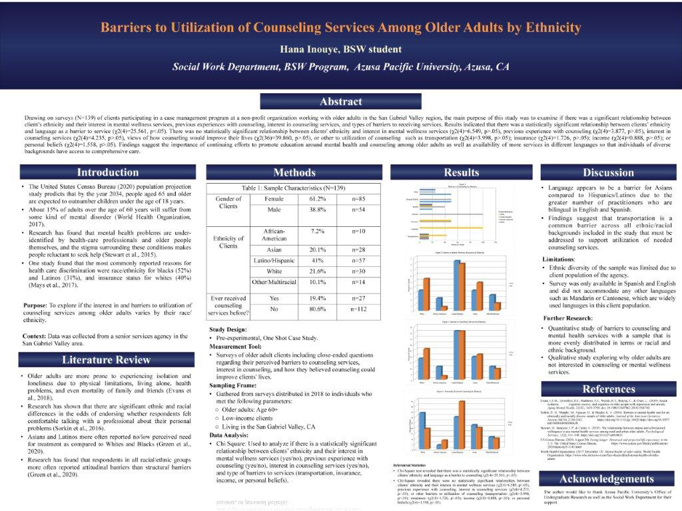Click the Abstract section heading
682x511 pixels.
pyautogui.click(x=340, y=102)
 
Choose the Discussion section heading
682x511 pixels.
pyautogui.click(x=609, y=172)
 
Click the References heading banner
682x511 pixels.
pyautogui.click(x=609, y=389)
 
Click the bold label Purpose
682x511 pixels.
pyautogui.click(x=35, y=305)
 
